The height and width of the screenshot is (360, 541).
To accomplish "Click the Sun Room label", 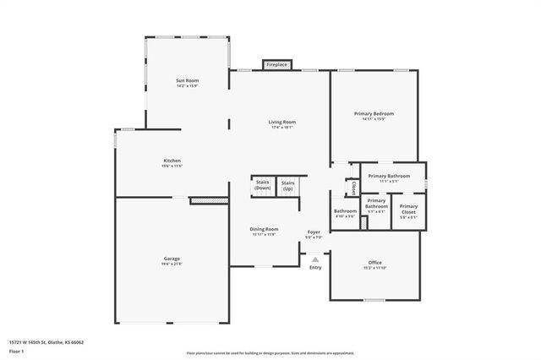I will pos(187,83).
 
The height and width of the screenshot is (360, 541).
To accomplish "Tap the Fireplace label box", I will pos(276,65).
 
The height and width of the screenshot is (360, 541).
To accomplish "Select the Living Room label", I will pos(281,124).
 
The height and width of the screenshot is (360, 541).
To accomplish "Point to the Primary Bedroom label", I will pos(374,116).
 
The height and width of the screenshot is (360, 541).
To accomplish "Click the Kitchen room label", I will pos(172,163).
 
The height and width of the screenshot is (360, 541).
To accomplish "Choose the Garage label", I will pos(172,260).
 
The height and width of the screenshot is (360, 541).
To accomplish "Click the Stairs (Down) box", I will pos(263,186).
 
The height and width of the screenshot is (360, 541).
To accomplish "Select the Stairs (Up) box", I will pos(288,186).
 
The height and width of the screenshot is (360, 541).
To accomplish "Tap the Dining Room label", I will pos(264,231).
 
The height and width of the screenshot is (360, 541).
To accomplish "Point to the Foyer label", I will pos(314,234).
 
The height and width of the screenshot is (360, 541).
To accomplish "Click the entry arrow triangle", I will pos(315,259).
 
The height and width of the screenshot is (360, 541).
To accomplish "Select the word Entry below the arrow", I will pos(315,268).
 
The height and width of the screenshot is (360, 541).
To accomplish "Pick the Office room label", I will pos(374,265).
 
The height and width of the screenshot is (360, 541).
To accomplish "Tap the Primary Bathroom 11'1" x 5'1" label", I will pos(395,177).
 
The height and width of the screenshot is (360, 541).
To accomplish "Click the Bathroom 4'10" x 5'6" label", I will pos(345,213).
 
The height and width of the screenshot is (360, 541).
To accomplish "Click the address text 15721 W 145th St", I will pos(46,342).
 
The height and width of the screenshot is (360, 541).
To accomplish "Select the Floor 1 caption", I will pos(16,351).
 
